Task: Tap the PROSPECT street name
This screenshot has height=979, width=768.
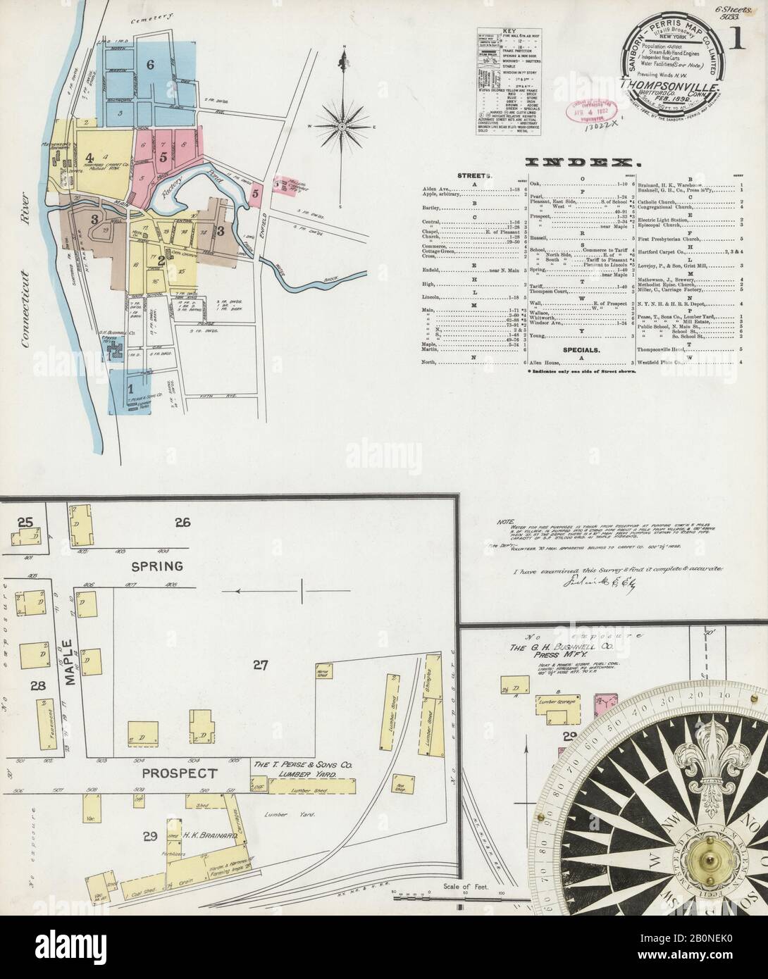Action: (x=179, y=773)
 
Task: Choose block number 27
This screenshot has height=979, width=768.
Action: (x=261, y=663)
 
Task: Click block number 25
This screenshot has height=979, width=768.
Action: (x=26, y=523)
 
